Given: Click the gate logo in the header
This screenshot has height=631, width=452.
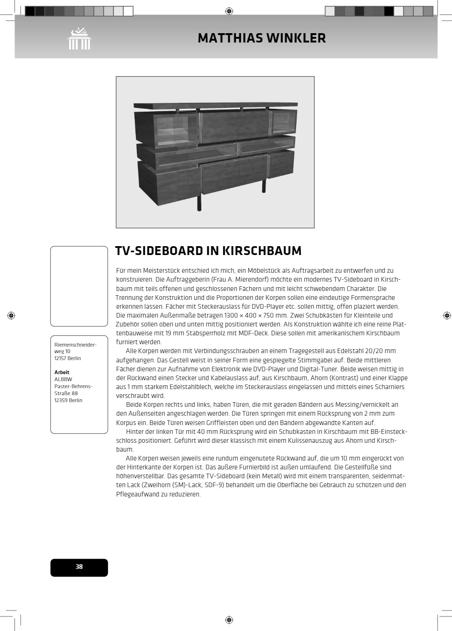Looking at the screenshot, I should point(79,39).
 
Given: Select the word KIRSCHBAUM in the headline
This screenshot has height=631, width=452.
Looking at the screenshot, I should point(261,251).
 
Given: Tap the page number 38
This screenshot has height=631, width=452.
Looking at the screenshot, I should point(79,567).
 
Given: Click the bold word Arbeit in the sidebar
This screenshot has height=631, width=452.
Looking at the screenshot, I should point(62,372).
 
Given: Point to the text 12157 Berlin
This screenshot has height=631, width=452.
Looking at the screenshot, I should point(68,358).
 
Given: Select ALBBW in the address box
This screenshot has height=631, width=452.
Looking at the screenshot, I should point(63,379).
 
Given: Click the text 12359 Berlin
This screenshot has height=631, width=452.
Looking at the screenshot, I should point(68,400).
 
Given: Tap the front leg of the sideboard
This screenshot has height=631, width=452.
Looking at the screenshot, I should point(199,202).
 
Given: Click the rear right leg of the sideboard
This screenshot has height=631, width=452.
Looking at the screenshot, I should point(263,185).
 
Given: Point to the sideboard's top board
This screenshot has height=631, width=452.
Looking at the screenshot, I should point(215,106).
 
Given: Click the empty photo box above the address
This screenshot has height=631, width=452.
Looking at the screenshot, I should point(79,286).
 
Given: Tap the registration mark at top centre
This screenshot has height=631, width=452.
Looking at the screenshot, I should point(229,11).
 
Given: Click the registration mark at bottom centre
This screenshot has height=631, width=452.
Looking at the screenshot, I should point(229,620).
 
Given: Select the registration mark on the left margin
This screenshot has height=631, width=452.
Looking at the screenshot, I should point(11,316).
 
